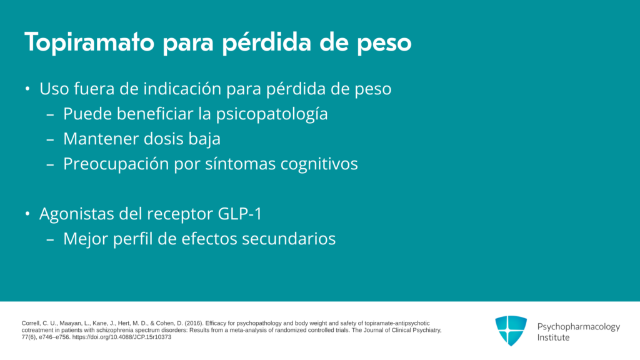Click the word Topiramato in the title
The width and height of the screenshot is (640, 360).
click(89, 42)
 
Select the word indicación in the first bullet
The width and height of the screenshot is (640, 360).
click(182, 89)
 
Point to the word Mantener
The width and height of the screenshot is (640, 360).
click(101, 139)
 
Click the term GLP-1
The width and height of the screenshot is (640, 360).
click(240, 214)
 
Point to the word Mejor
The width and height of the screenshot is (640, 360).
click(85, 239)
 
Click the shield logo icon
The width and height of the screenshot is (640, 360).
click(511, 331)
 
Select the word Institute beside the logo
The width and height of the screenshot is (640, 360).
click(553, 337)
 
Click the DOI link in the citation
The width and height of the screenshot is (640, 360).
click(122, 337)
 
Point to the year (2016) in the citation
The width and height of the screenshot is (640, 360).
click(194, 323)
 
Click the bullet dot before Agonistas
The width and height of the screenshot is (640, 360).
click(27, 214)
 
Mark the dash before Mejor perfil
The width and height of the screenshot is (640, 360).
click(50, 239)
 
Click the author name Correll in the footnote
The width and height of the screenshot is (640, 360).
click(31, 323)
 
